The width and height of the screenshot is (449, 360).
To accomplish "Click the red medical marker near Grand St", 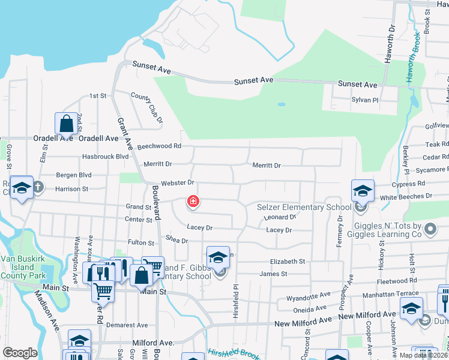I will coord(193,202).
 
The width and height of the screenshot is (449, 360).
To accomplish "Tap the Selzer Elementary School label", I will coord(304,207).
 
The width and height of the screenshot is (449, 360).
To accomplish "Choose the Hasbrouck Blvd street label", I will coord(106,157).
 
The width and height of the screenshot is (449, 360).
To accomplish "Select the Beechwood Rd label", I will coord(159,146).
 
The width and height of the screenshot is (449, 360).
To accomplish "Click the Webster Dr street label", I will coord(177,182).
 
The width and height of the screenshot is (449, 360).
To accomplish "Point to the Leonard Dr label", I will coord(280,217).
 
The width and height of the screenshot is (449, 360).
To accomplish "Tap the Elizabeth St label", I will coord(288,262).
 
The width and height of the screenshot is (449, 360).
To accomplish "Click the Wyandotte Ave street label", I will coord(309,296).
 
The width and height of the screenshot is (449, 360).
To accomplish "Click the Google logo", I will coord(20,353).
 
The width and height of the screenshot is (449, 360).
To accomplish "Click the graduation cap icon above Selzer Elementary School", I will coord(363,191).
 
